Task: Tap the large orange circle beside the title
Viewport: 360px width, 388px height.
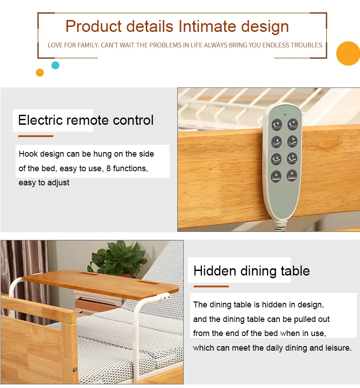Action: point(348,53)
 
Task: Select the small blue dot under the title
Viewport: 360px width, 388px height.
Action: point(55,65)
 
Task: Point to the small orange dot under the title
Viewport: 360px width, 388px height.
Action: point(40,72)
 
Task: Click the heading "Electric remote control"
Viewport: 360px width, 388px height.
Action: point(86,120)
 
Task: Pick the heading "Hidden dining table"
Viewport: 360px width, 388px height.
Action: point(252,271)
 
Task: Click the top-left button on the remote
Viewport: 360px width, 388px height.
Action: point(277,124)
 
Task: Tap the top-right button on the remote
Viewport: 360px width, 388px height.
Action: point(292,123)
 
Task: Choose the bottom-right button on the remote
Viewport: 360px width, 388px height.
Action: point(292,174)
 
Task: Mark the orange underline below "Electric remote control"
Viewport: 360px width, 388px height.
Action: point(36,136)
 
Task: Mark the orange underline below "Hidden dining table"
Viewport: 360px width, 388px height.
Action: point(211,286)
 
